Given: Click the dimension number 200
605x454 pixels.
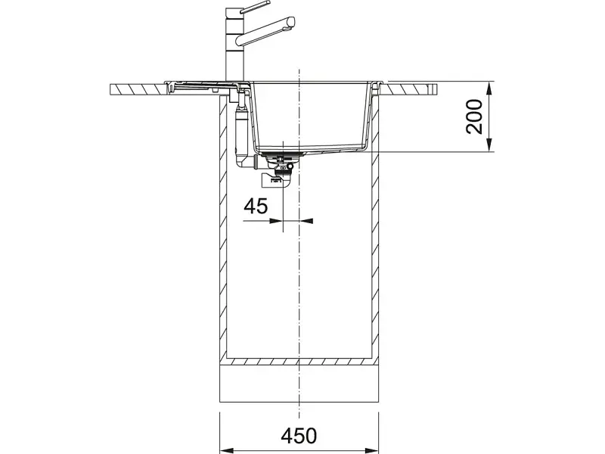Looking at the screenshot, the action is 474,117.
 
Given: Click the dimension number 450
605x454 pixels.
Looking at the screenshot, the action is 299,436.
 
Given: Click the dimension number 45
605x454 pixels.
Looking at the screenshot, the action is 256,206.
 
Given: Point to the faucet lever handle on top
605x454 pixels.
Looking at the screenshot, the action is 255,8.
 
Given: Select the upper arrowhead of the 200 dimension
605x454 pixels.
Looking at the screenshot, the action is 489,89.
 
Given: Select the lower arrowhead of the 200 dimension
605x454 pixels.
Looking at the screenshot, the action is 489,145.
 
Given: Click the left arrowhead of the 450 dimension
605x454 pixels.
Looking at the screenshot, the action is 226,450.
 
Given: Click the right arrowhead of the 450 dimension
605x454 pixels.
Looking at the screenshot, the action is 371,450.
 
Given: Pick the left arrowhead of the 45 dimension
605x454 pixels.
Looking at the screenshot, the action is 276,221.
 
